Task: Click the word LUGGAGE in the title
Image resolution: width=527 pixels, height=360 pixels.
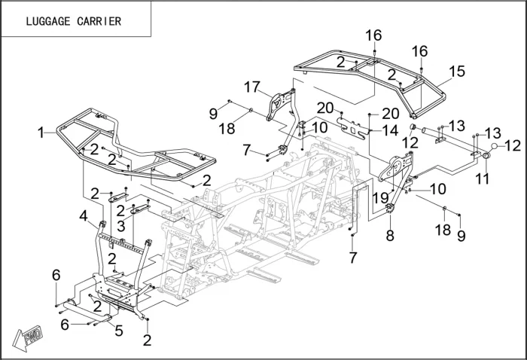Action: [x=49, y=21]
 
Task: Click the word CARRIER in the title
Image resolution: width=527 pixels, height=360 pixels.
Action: [x=99, y=21]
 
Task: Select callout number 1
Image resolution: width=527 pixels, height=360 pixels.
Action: [x=41, y=133]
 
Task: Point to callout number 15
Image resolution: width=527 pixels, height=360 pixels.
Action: [x=457, y=71]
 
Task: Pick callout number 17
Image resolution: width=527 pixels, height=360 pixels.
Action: [x=251, y=86]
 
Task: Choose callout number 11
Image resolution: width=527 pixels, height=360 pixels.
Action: [x=481, y=179]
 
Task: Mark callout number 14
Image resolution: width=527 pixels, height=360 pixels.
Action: [x=389, y=130]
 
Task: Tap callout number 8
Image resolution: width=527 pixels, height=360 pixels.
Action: [x=390, y=235]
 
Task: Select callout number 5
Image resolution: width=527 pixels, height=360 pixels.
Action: [x=118, y=329]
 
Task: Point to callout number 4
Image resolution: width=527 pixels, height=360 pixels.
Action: [x=84, y=215]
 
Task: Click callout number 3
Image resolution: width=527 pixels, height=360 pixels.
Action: [x=120, y=224]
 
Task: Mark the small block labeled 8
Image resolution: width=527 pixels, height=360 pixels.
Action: [x=391, y=209]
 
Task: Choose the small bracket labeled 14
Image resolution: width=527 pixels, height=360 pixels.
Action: [x=355, y=123]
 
